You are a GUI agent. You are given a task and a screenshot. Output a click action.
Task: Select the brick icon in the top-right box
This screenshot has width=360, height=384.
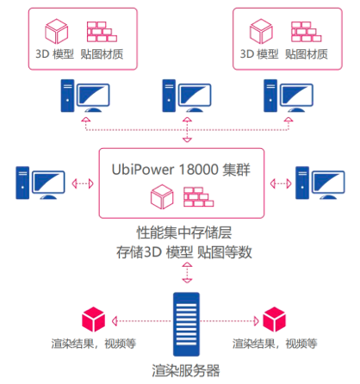point(306,32)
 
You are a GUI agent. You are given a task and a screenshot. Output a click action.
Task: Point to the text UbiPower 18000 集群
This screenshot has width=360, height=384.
point(182,170)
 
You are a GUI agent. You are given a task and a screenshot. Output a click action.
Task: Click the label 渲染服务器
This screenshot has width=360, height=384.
point(182,370)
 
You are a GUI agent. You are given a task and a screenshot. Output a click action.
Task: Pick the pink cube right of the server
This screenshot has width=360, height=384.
point(274,319)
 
